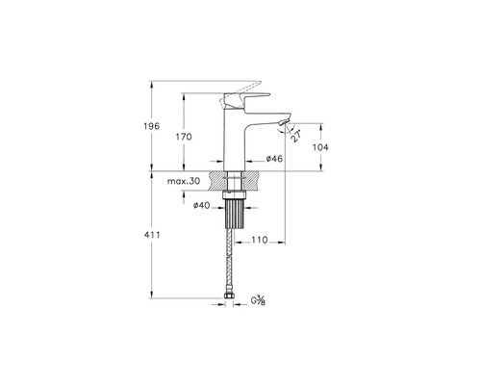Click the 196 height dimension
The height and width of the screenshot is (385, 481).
[151, 126]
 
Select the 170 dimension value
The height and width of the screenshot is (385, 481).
[184, 137]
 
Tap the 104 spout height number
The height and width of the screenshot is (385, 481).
[320, 147]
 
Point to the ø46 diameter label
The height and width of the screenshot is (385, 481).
[274, 159]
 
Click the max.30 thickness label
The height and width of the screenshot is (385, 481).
[184, 181]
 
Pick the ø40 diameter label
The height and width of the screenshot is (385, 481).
[201, 205]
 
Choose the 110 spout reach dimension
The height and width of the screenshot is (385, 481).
[260, 240]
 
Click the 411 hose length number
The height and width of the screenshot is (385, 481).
[152, 235]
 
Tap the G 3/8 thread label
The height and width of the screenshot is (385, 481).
[258, 300]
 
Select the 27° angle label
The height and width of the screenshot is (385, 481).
[295, 136]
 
